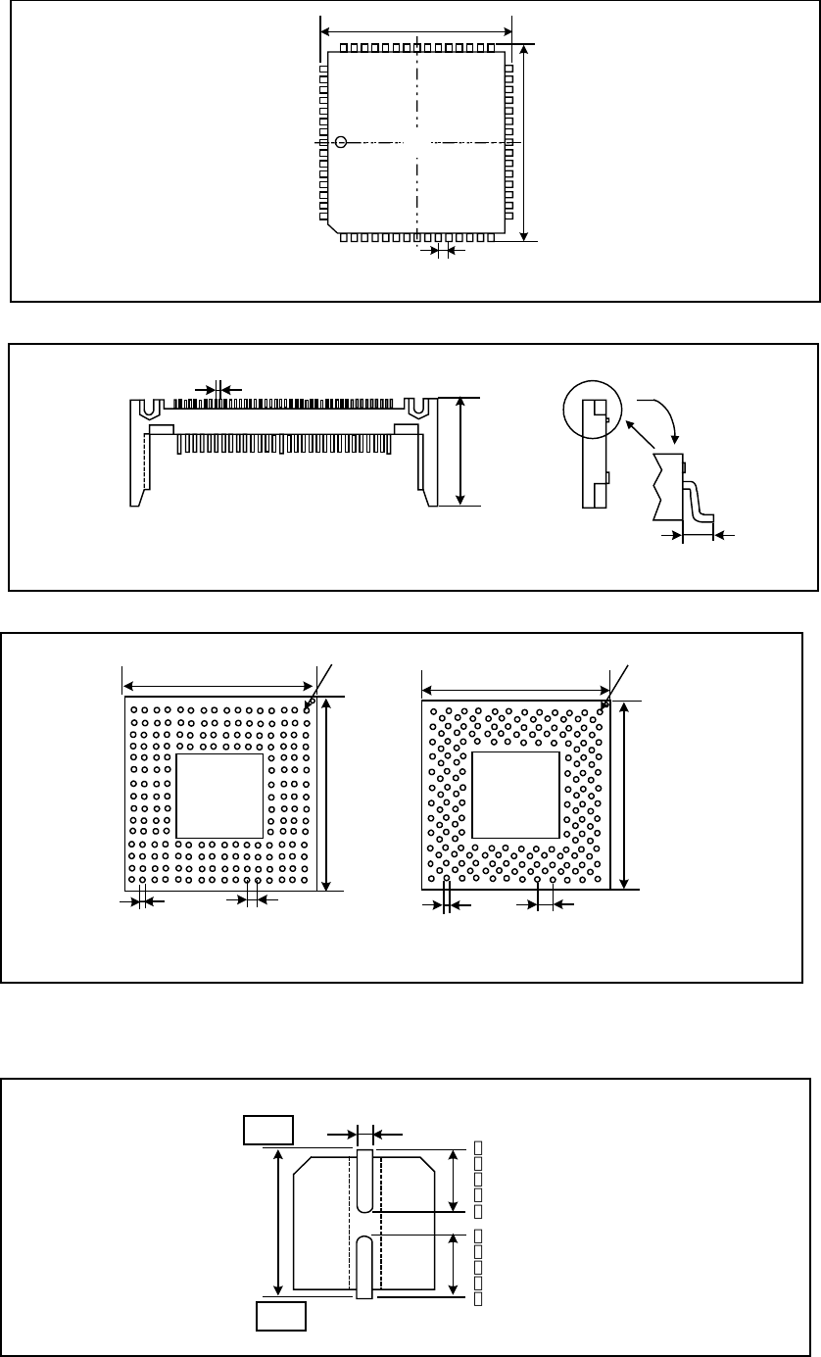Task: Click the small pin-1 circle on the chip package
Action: (x=341, y=143)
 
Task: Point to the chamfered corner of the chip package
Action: (x=333, y=227)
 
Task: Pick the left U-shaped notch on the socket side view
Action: (x=151, y=409)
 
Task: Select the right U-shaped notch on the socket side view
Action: (x=417, y=409)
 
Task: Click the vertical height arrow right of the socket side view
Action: (x=461, y=451)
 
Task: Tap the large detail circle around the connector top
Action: (x=594, y=408)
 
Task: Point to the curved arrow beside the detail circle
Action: (x=659, y=416)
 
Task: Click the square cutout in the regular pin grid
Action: (x=219, y=795)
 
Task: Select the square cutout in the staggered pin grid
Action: (x=516, y=795)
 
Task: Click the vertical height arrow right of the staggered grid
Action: (x=624, y=795)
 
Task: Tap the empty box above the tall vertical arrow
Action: (x=268, y=1129)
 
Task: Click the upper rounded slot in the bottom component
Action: (x=365, y=1181)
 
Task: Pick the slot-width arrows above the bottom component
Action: (x=364, y=1135)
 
